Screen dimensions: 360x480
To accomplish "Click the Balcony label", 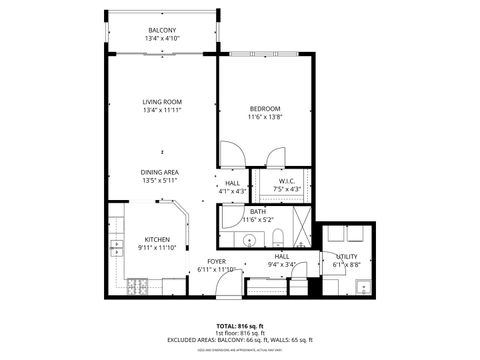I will coord(162,31).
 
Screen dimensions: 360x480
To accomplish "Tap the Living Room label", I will coord(161,101).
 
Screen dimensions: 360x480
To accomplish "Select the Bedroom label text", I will coord(265,108).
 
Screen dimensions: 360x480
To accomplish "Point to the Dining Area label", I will coord(160,172).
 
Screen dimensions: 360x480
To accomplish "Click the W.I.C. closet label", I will coord(285,181).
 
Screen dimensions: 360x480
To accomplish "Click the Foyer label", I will coord(216,262).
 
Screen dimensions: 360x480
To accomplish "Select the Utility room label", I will coord(346,257).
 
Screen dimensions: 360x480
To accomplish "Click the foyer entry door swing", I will coord(229,285).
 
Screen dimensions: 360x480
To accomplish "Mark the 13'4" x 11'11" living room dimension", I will coord(161,111).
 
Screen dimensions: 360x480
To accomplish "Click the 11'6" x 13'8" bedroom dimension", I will coord(265,118).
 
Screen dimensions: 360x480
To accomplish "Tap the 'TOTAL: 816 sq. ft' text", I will coord(240,326).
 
